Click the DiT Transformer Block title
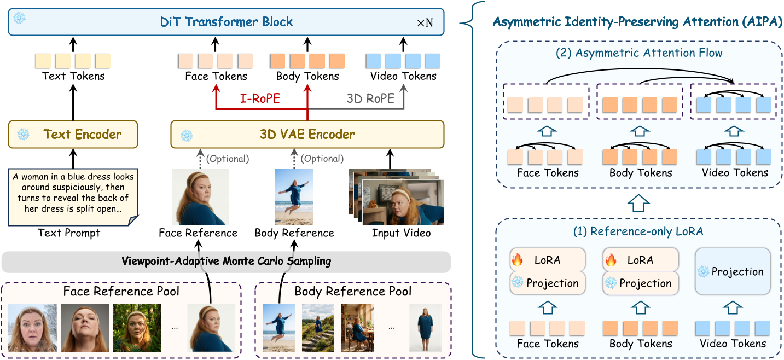click(227, 22)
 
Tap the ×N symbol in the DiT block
click(425, 24)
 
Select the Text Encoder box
click(73, 135)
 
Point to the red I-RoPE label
click(259, 98)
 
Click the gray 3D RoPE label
click(370, 98)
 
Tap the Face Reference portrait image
click(200, 197)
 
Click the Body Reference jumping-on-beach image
click(294, 197)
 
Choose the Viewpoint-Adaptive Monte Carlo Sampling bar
click(226, 262)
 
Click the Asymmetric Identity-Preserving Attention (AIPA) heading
click(637, 22)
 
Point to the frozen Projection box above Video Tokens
click(733, 272)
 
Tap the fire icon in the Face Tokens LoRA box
click(517, 260)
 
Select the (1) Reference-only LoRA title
click(638, 231)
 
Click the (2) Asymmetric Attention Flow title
click(638, 53)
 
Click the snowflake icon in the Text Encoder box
click(22, 134)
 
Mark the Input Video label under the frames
click(401, 233)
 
